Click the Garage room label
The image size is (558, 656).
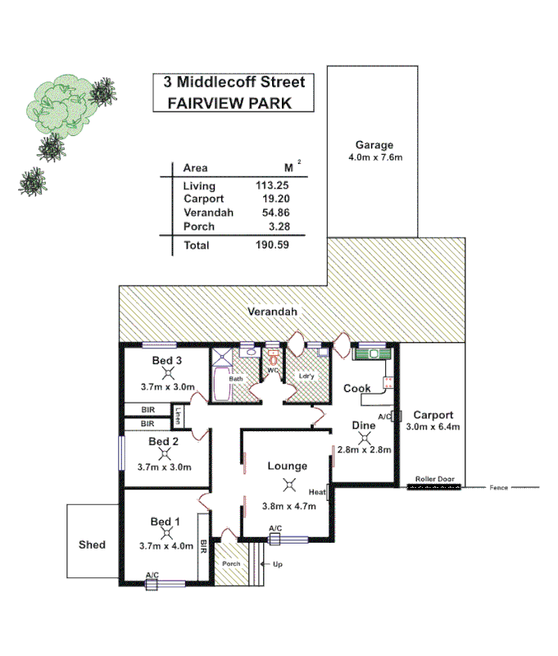(x=373, y=145)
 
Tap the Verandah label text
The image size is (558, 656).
(x=274, y=312)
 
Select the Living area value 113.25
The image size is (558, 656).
(x=272, y=186)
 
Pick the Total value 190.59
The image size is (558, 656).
(x=272, y=245)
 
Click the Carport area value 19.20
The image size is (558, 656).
(x=274, y=199)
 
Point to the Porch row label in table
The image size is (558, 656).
(x=199, y=225)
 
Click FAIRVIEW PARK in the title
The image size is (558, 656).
(x=229, y=103)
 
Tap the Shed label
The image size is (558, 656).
(x=92, y=544)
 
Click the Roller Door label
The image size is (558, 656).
(x=434, y=477)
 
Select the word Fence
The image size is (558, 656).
(x=499, y=488)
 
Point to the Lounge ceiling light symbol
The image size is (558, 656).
(x=288, y=485)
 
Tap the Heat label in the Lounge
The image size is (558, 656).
(x=318, y=492)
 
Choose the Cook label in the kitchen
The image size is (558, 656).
(x=356, y=388)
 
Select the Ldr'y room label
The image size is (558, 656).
(x=307, y=376)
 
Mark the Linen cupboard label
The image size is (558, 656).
(x=178, y=413)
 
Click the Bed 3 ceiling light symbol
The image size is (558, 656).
(x=166, y=373)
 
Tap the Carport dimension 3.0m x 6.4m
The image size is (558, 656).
(x=433, y=426)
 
